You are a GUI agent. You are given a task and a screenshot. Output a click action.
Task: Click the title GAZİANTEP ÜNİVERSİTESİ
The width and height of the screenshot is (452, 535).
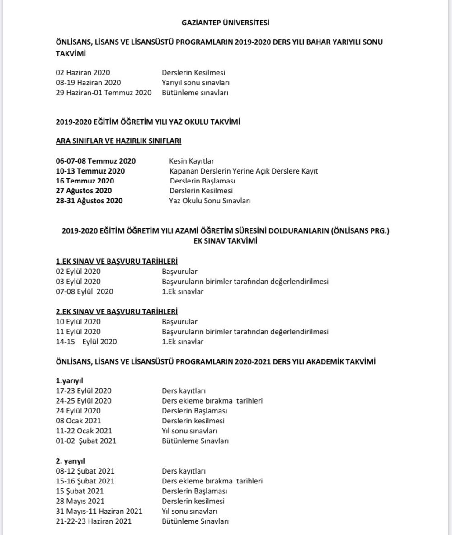tap(226, 22)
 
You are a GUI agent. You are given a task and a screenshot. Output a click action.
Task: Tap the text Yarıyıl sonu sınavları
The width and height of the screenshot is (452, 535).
tap(195, 83)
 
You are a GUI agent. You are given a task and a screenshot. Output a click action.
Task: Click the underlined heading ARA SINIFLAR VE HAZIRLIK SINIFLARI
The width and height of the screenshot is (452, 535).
tap(118, 141)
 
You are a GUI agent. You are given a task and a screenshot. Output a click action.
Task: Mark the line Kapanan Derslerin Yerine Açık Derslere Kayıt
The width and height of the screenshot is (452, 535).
tap(244, 171)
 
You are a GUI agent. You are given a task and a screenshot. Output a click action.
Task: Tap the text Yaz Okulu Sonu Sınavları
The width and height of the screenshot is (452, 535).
tap(210, 200)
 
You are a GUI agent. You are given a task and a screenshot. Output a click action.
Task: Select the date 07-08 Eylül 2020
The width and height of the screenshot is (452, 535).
tap(84, 291)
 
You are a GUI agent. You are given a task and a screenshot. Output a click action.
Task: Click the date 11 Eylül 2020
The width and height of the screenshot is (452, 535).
tap(78, 332)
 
